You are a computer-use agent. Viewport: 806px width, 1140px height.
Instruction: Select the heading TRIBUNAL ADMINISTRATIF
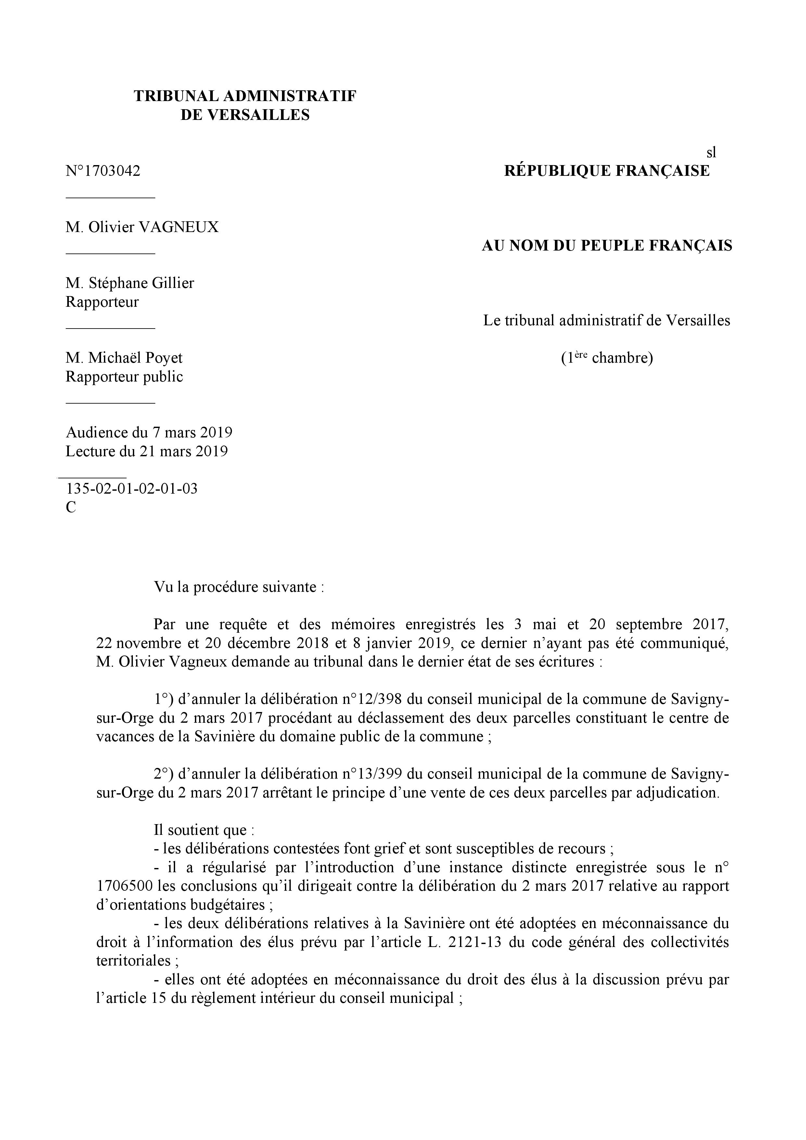coord(245,96)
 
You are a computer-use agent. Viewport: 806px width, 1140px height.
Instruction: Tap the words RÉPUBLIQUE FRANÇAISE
coord(607,171)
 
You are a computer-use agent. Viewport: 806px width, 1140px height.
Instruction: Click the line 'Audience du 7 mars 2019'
coord(149,433)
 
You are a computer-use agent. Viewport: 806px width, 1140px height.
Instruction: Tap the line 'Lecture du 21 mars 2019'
coord(147,451)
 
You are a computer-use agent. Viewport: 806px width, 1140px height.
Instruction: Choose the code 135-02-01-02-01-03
coord(132,489)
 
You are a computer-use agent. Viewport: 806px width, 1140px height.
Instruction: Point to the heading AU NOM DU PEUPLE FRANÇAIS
coord(607,246)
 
